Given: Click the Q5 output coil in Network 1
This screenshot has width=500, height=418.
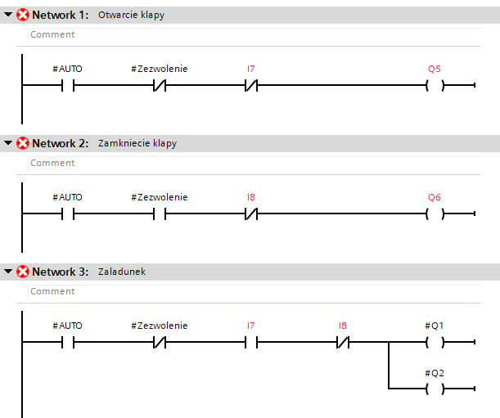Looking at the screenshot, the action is [x=435, y=85].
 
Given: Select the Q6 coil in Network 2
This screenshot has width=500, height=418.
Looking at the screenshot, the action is [x=435, y=214].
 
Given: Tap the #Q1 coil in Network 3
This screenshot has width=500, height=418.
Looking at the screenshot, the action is [x=435, y=343].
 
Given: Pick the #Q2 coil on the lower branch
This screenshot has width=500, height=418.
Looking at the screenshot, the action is [x=435, y=389].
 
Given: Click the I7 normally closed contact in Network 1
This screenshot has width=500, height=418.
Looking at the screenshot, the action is [x=251, y=85].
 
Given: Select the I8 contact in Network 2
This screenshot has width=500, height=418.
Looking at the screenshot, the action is [x=251, y=214].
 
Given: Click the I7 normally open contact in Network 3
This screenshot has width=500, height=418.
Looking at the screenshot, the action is [x=251, y=343].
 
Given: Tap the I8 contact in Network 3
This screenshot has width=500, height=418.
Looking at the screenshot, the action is [x=343, y=343].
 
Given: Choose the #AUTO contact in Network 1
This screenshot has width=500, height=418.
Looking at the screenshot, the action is [x=68, y=85].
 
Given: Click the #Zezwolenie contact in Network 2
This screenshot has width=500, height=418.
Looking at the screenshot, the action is [x=160, y=214].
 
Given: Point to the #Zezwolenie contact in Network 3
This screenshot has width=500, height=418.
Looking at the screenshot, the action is [x=160, y=343].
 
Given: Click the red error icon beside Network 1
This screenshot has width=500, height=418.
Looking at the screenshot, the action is [x=23, y=15].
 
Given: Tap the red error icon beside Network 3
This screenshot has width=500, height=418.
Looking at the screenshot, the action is [x=23, y=272].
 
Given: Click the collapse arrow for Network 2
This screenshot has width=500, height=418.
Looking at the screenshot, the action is [x=8, y=143].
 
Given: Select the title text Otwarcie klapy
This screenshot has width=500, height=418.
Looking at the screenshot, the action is [x=132, y=15].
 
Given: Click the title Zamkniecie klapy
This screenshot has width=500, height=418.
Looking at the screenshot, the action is [x=137, y=143].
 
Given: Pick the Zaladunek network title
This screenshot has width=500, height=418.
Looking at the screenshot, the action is [x=122, y=272].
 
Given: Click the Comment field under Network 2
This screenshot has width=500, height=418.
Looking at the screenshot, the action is [x=255, y=164].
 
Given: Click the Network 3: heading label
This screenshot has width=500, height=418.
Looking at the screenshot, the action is [x=61, y=272].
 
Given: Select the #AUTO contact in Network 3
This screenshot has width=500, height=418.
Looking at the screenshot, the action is [x=68, y=343].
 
